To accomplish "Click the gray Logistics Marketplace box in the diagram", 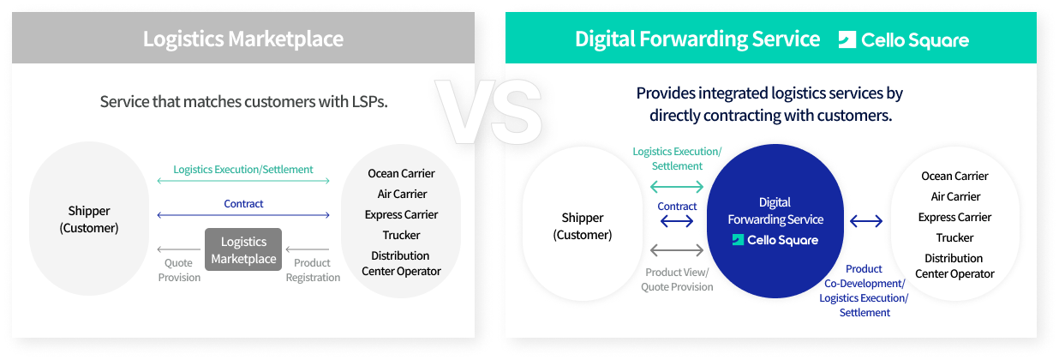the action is click(x=243, y=249).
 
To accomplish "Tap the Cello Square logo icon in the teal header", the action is click(x=847, y=39).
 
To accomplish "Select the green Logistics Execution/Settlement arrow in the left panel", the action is click(x=243, y=181).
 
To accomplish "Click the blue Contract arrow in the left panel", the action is click(x=243, y=215).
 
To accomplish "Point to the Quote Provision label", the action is click(x=179, y=270).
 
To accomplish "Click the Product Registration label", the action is click(x=313, y=270).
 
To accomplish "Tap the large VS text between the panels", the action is click(x=489, y=111).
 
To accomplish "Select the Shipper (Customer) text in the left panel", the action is click(x=89, y=219).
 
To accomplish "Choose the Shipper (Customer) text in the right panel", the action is click(x=583, y=226).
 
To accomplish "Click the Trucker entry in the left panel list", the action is click(x=401, y=235).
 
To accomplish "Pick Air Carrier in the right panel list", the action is click(x=955, y=196).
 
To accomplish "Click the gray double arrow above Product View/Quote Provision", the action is click(x=677, y=249).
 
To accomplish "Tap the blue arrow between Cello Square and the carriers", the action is click(x=866, y=221).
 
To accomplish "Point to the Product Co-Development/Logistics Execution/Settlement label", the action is click(x=864, y=291).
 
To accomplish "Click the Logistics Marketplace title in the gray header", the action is click(x=243, y=39).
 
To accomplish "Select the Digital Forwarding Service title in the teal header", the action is click(x=697, y=39).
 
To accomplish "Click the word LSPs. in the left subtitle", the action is click(x=369, y=101).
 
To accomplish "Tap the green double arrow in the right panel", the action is click(x=677, y=187).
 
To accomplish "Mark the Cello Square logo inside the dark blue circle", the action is click(x=775, y=240).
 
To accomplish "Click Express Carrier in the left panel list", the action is click(x=401, y=215).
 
